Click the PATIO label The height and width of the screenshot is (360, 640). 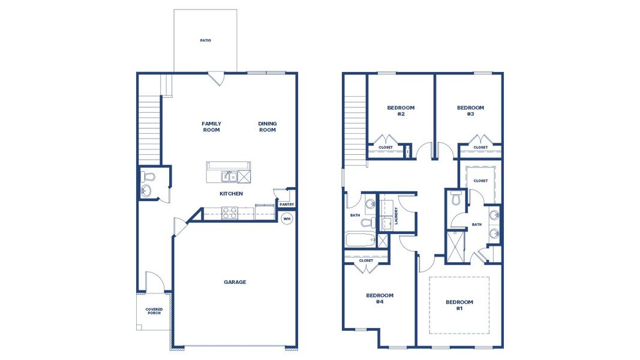(205, 41)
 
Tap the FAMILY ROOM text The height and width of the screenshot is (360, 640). (211, 127)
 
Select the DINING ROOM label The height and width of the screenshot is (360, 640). (268, 127)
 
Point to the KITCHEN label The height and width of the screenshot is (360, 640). (231, 194)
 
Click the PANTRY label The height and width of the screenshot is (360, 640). (287, 205)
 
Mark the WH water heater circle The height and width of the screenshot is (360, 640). (287, 218)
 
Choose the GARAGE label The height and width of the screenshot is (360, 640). (235, 282)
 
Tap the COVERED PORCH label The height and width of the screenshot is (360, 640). (154, 311)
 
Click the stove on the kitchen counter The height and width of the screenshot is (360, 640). (230, 212)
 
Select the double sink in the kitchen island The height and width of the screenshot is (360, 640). (228, 176)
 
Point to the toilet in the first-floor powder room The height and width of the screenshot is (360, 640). (148, 176)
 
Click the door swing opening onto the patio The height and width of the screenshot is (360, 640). (216, 79)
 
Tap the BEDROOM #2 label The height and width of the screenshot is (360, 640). (401, 110)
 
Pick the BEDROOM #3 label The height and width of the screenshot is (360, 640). (470, 110)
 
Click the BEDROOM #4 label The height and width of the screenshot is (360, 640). (380, 298)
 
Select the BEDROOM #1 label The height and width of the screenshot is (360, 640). (459, 305)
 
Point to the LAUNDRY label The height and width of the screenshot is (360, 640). (396, 216)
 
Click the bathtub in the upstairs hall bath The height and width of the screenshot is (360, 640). (359, 241)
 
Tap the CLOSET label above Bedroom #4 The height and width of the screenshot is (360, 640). (366, 260)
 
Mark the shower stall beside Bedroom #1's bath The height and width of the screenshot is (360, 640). (455, 247)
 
